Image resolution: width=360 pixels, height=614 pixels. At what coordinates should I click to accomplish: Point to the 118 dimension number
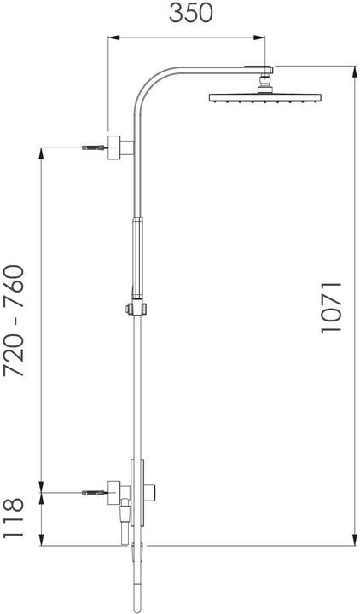15,518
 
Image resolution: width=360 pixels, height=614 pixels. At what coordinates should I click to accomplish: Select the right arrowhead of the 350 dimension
266,37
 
